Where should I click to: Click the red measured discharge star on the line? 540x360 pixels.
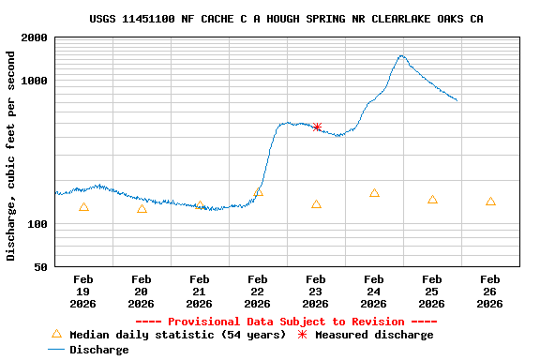pyautogui.click(x=317, y=127)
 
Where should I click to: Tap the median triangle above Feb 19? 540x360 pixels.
pyautogui.click(x=84, y=207)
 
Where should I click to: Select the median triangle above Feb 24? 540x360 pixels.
pyautogui.click(x=375, y=193)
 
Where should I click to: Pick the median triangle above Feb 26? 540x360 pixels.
pyautogui.click(x=491, y=202)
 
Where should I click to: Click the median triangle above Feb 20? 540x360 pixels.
pyautogui.click(x=142, y=209)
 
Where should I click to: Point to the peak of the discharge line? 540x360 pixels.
pyautogui.click(x=401, y=55)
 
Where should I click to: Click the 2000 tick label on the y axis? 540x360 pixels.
pyautogui.click(x=36, y=38)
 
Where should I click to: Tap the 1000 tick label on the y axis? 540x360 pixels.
pyautogui.click(x=36, y=82)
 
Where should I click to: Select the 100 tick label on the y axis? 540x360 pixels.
pyautogui.click(x=38, y=225)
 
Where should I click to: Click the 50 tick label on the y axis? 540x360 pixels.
pyautogui.click(x=42, y=268)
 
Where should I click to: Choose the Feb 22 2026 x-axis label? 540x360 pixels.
pyautogui.click(x=257, y=291)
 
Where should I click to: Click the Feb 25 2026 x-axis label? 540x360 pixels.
pyautogui.click(x=431, y=291)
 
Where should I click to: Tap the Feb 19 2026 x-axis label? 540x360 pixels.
pyautogui.click(x=82, y=291)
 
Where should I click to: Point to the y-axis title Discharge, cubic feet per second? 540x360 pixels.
pyautogui.click(x=11, y=156)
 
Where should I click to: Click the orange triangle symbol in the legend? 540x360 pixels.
pyautogui.click(x=56, y=334)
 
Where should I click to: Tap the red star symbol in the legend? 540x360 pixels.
pyautogui.click(x=302, y=335)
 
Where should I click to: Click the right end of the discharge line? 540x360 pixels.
pyautogui.click(x=457, y=100)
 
